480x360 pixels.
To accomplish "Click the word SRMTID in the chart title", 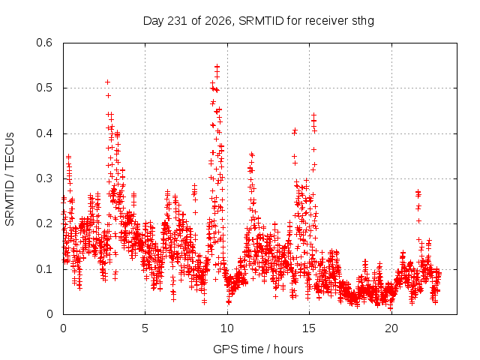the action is coord(261,21).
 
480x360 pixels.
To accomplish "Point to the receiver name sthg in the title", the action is coord(363,22).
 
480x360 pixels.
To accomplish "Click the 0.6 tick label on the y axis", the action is coord(44,43).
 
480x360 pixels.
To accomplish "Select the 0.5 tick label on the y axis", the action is coord(44,88).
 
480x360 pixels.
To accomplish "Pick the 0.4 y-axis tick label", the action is coord(44,133).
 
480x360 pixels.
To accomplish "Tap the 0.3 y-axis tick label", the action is coord(44,178).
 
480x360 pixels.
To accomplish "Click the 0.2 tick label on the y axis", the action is coord(44,223).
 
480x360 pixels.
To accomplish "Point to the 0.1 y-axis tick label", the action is coord(44,269).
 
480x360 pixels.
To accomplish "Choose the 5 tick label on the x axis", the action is coord(145,328).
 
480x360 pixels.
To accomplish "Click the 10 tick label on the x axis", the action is coord(226,328).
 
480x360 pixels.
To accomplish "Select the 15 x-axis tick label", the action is coord(309,328).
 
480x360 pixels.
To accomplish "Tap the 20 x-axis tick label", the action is coord(391,328).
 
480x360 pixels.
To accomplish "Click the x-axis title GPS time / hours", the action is coord(258,349).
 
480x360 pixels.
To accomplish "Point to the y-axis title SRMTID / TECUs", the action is coord(10,179).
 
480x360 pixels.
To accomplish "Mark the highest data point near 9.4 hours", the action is coord(217,66).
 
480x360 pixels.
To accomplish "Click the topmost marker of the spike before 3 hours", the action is coord(107,82).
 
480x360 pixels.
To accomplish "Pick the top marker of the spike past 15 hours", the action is coord(313,115).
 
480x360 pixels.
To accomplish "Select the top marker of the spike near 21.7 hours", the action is coord(418,192).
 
